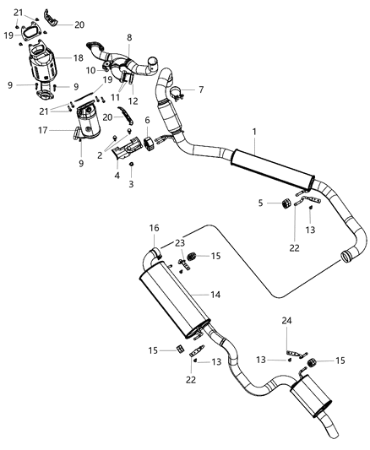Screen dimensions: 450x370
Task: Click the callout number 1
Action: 253,133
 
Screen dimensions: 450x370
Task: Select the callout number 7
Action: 200,89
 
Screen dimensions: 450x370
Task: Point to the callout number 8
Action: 129,38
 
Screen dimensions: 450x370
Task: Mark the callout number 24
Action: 286,321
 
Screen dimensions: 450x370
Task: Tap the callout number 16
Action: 155,228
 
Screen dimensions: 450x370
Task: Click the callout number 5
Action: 261,203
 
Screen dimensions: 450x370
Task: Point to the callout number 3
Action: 131,183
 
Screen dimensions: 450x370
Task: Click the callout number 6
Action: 147,121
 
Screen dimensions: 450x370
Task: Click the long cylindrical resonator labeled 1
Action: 270,168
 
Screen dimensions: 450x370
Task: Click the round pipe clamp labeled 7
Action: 176,93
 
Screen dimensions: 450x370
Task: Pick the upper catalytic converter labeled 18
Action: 46,63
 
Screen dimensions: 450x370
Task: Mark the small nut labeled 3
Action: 131,165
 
